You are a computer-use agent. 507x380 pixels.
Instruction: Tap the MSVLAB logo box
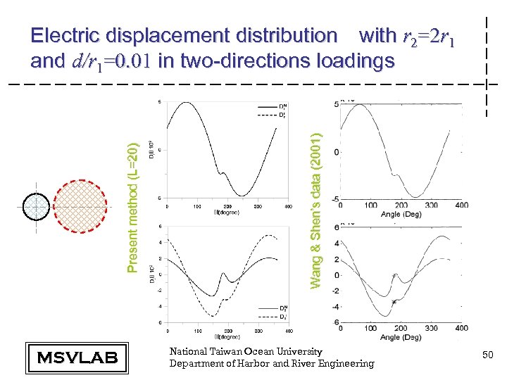coord(76,357)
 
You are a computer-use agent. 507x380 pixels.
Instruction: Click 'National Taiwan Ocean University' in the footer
coord(246,351)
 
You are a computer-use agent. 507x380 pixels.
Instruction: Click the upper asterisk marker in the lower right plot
coord(394,276)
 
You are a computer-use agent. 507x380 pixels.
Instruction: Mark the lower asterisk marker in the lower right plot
coord(394,302)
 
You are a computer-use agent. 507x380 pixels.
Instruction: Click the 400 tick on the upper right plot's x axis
coord(461,205)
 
